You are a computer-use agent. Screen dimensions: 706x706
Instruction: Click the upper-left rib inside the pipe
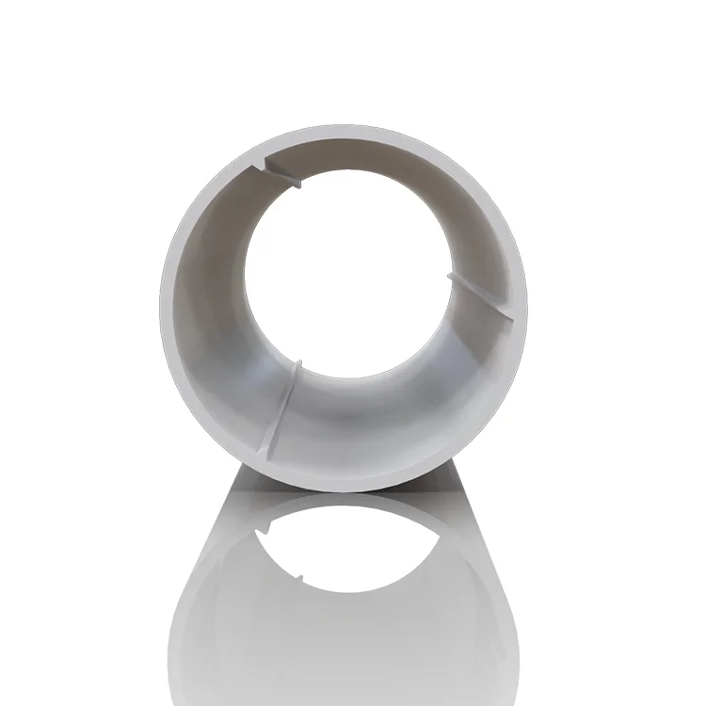(x=283, y=173)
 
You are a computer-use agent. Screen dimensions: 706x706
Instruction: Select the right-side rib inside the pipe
(x=480, y=297)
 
